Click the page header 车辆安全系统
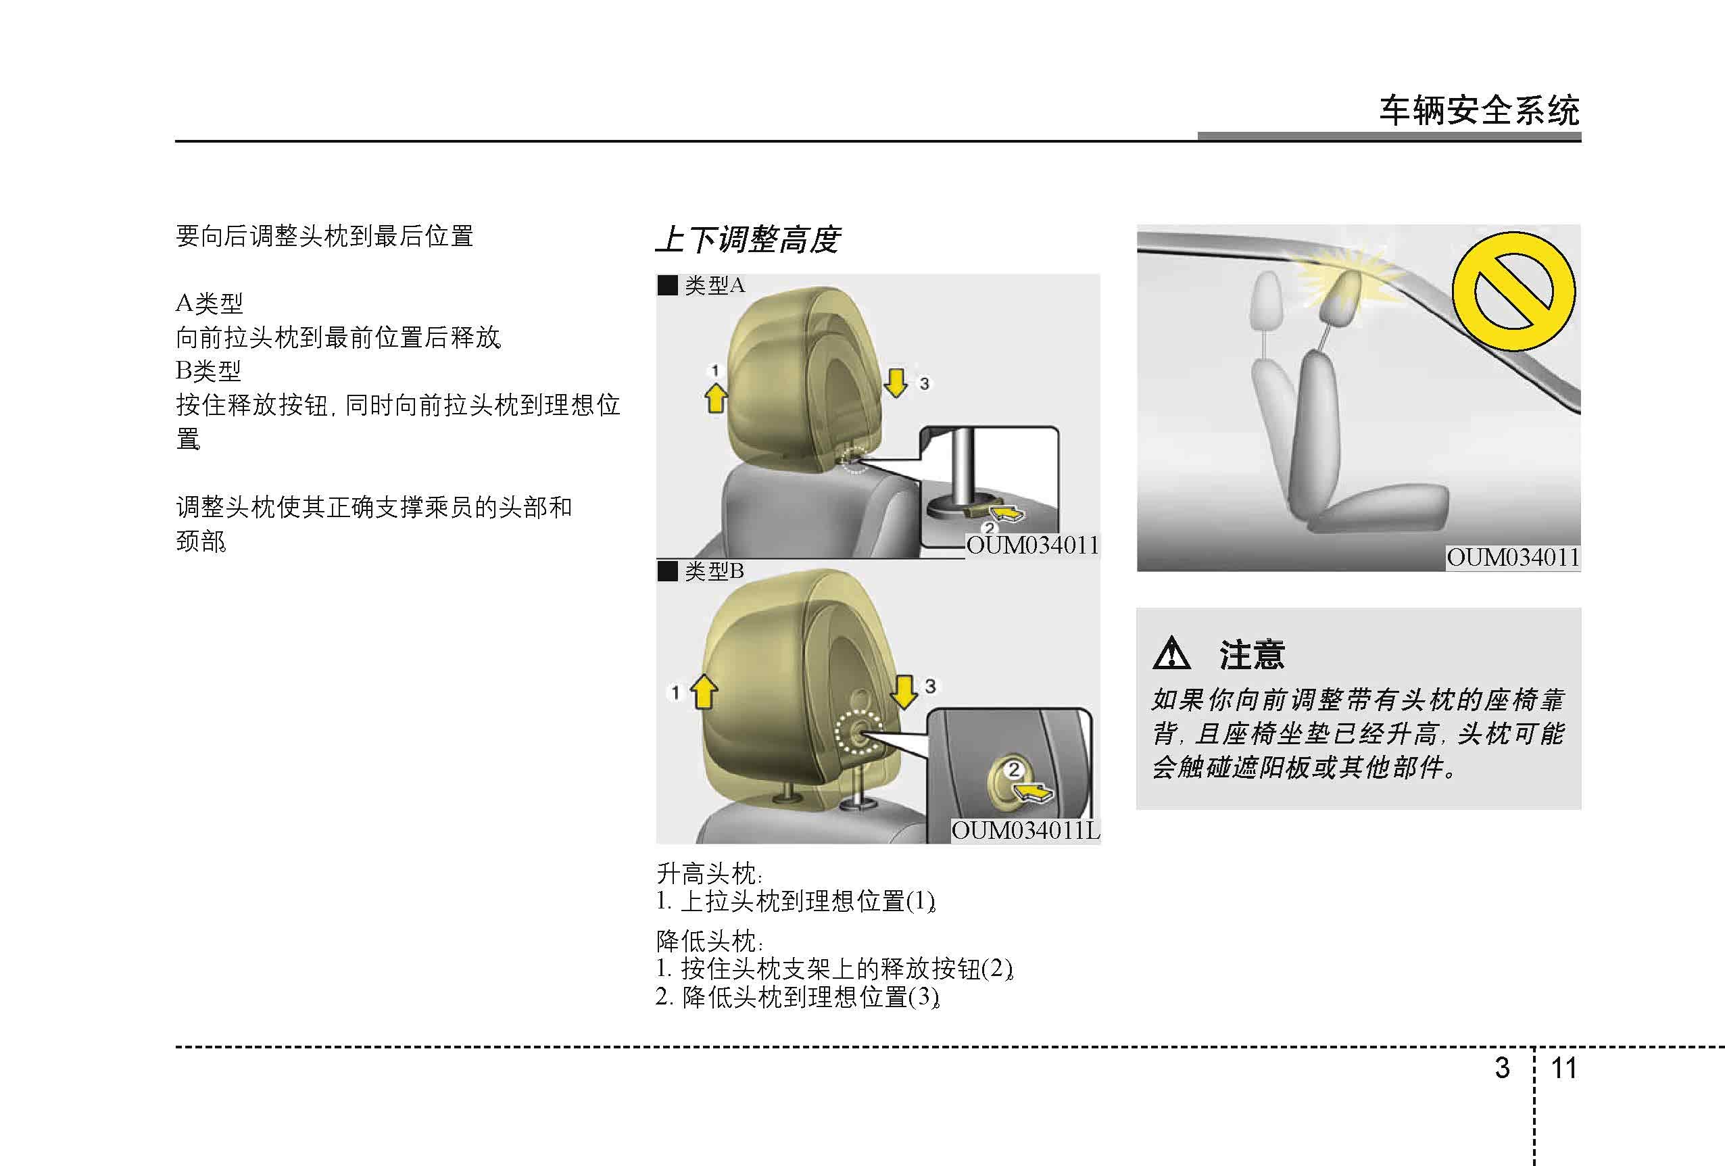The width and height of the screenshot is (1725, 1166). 1480,111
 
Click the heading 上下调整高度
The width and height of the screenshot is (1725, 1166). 748,240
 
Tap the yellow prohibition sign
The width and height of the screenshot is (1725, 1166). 1514,291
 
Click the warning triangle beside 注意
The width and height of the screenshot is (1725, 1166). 1171,653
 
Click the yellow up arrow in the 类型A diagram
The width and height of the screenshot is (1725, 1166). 716,397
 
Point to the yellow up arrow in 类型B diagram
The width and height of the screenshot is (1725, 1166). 704,691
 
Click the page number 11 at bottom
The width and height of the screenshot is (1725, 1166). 1564,1068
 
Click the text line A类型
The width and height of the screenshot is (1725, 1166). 210,303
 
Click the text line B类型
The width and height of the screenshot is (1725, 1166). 209,370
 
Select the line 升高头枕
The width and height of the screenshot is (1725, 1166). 710,873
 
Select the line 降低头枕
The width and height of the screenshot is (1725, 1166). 710,940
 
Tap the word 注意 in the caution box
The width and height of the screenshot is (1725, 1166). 1253,654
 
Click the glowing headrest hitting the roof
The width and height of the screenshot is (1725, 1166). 1340,297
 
